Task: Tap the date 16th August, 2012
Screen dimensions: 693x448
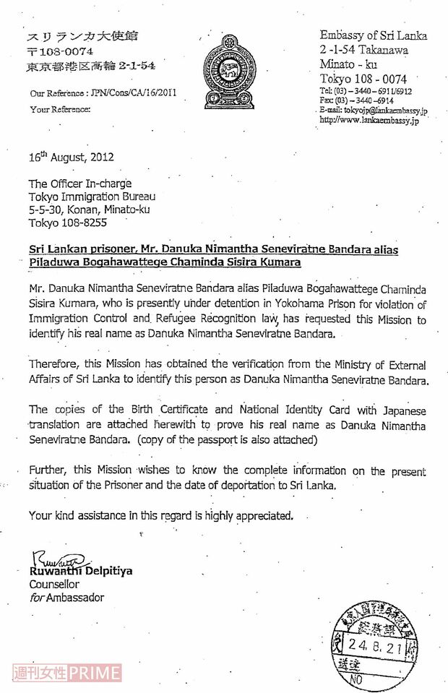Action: pyautogui.click(x=71, y=156)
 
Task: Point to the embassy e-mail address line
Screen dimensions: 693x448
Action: pyautogui.click(x=374, y=110)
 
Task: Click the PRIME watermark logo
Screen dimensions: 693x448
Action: pyautogui.click(x=96, y=673)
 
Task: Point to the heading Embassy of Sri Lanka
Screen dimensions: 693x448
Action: pyautogui.click(x=374, y=35)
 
